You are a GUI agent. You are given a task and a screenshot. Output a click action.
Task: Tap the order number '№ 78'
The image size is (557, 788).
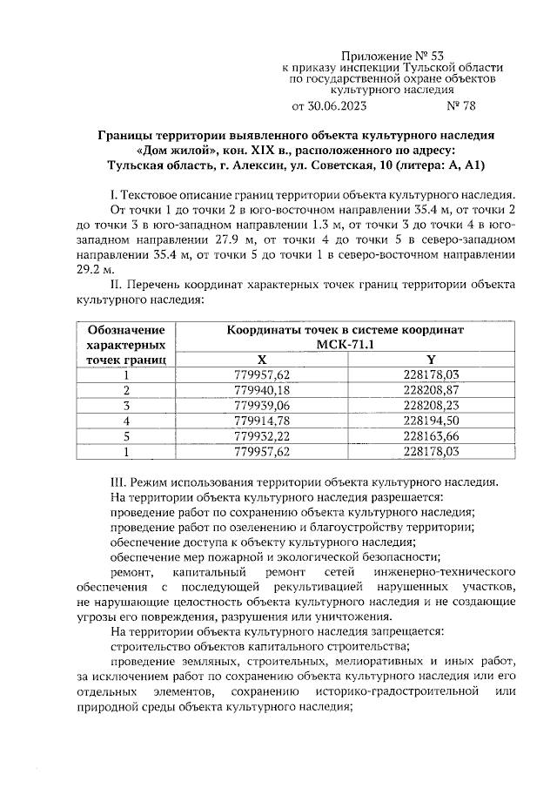coord(461,107)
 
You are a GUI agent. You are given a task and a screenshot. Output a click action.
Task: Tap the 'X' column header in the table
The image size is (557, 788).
coord(262,360)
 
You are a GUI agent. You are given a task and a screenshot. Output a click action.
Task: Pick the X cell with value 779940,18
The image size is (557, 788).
coord(262,390)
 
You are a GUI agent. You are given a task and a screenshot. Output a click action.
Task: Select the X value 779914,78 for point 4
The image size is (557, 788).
coord(262,421)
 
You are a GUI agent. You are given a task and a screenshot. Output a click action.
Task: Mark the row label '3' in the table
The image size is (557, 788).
coord(126,406)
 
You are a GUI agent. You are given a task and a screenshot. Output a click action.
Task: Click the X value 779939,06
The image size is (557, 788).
coord(262,406)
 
